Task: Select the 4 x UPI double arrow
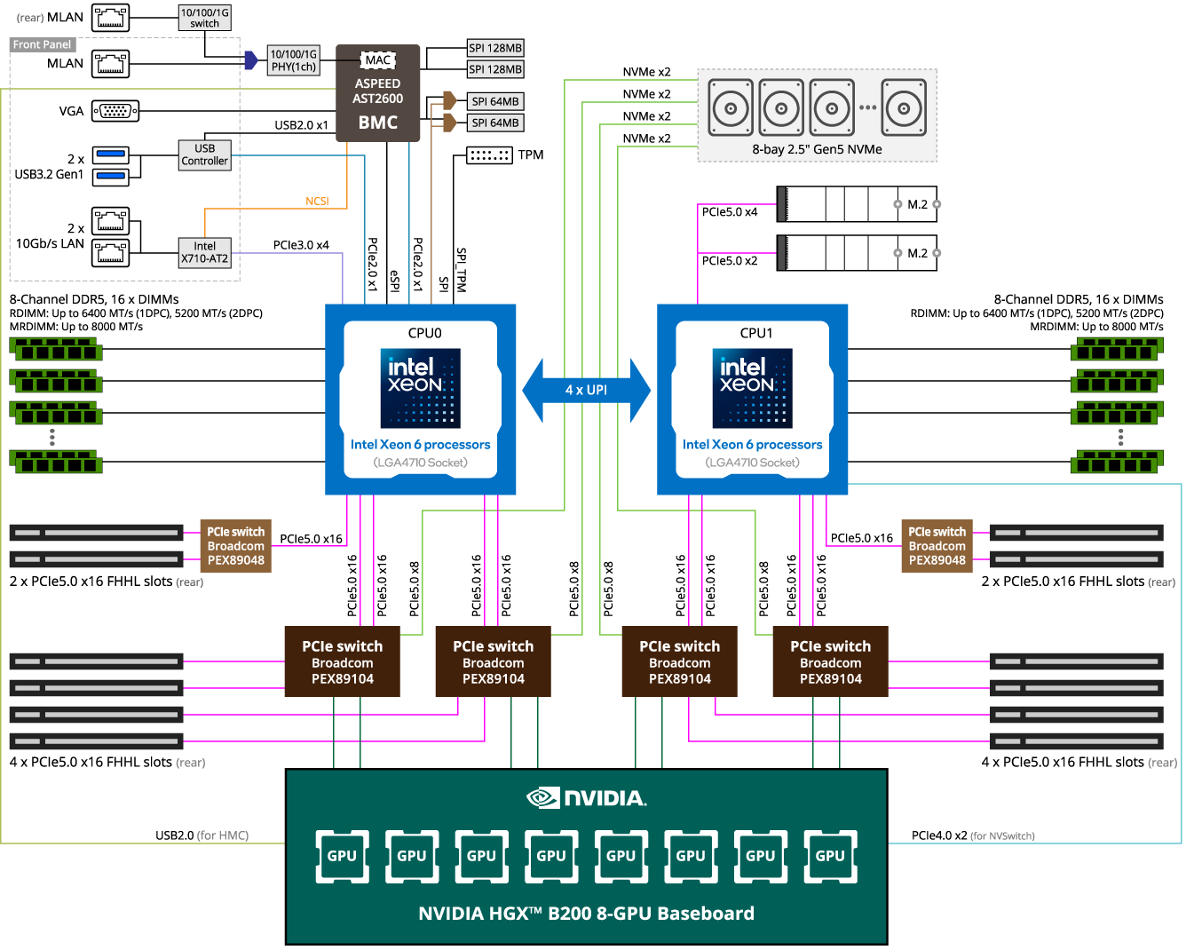tap(586, 390)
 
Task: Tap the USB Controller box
tap(205, 154)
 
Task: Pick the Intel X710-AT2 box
tap(205, 252)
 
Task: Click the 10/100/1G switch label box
tap(205, 18)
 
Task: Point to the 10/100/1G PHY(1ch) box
tap(294, 60)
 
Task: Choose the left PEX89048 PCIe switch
tap(235, 546)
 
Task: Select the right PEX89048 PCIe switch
tap(937, 546)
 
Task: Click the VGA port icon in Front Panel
tap(115, 111)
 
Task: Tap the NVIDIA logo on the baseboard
tap(587, 797)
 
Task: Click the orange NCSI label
tap(317, 202)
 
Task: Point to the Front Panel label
tap(43, 44)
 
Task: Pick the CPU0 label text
tap(424, 333)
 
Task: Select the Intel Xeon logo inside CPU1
tap(752, 388)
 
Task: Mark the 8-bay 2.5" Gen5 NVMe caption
tap(817, 149)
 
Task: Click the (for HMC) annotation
tap(222, 835)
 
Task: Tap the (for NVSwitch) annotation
tap(1002, 835)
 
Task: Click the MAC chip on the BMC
tap(378, 60)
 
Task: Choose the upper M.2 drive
tap(858, 204)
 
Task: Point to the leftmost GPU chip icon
tap(342, 856)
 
